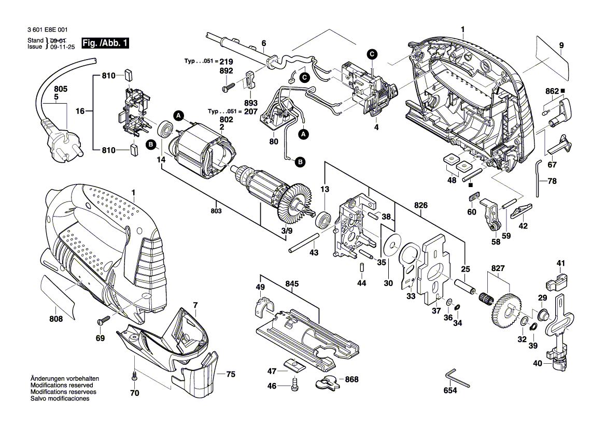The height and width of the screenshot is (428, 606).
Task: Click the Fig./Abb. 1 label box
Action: click(x=106, y=43)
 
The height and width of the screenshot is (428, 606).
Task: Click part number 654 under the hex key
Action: click(x=450, y=391)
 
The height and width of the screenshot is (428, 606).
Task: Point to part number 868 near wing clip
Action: click(x=351, y=379)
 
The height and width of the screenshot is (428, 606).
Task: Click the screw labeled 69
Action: click(x=103, y=321)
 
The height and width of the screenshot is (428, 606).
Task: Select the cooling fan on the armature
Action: click(x=294, y=204)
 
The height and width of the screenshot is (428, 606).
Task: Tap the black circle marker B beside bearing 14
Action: click(x=151, y=145)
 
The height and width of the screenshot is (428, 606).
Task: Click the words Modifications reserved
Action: click(x=62, y=386)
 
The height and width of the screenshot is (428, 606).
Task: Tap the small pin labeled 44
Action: click(x=361, y=268)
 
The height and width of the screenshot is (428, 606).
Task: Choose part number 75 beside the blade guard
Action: click(x=230, y=374)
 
